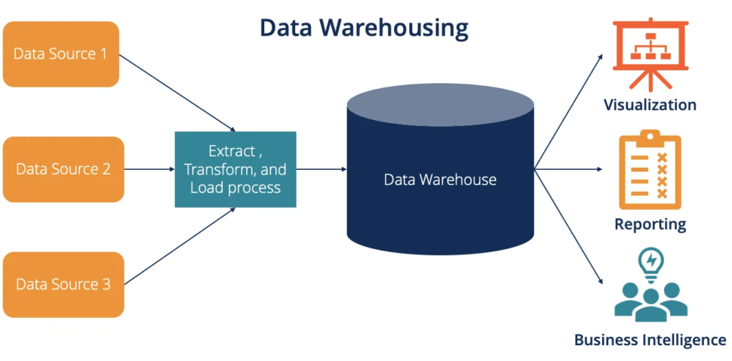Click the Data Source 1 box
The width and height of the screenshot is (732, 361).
click(x=61, y=54)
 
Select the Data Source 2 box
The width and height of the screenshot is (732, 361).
click(x=63, y=169)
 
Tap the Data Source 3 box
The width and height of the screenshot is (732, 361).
click(x=63, y=284)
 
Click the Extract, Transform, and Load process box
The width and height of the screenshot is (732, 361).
click(x=235, y=169)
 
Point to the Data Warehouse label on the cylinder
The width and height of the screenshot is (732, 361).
click(x=440, y=180)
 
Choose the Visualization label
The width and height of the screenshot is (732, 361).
click(x=650, y=105)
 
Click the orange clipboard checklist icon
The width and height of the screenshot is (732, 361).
click(x=650, y=170)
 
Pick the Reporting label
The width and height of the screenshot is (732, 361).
click(x=650, y=224)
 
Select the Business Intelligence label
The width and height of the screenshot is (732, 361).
click(x=650, y=340)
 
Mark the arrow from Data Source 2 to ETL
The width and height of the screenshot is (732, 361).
click(x=149, y=169)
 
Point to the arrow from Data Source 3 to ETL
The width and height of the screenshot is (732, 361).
click(x=177, y=247)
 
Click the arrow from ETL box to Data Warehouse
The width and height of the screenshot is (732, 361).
click(x=321, y=169)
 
